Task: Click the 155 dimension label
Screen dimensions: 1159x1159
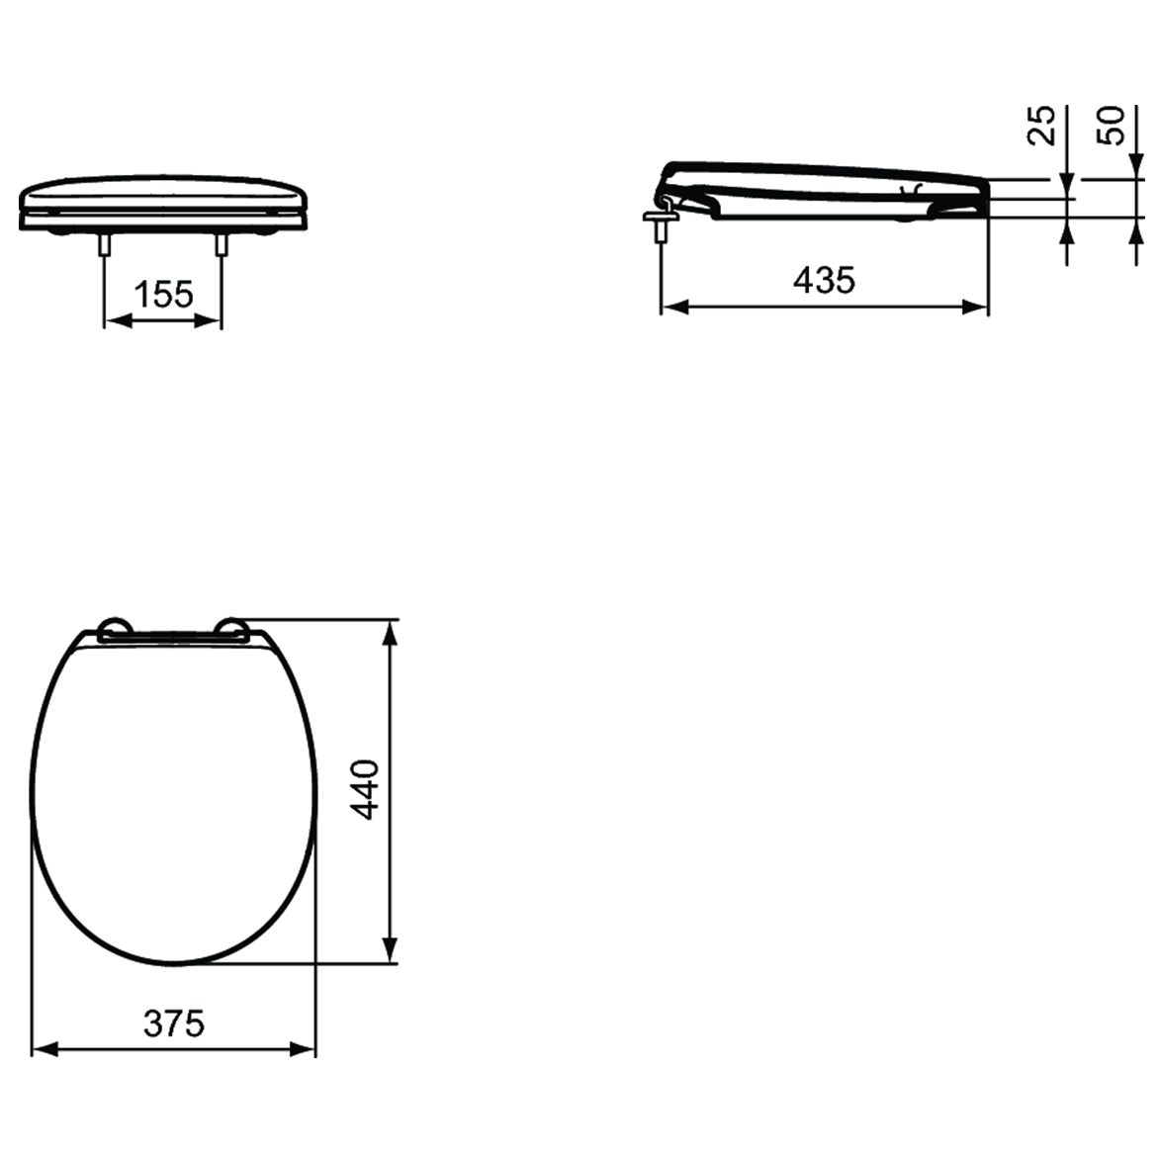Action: click(x=163, y=294)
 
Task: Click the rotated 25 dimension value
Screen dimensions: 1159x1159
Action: click(x=1042, y=126)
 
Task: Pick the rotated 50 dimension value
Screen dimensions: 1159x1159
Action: click(x=1113, y=126)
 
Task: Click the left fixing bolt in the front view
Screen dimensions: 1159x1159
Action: click(x=104, y=244)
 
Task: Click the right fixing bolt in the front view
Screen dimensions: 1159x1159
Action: click(x=222, y=244)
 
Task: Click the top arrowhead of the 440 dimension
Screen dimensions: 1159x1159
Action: click(x=392, y=633)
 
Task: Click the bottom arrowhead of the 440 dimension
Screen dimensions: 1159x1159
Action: click(x=392, y=950)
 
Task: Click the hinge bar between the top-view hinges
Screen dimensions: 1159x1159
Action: click(x=173, y=637)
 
